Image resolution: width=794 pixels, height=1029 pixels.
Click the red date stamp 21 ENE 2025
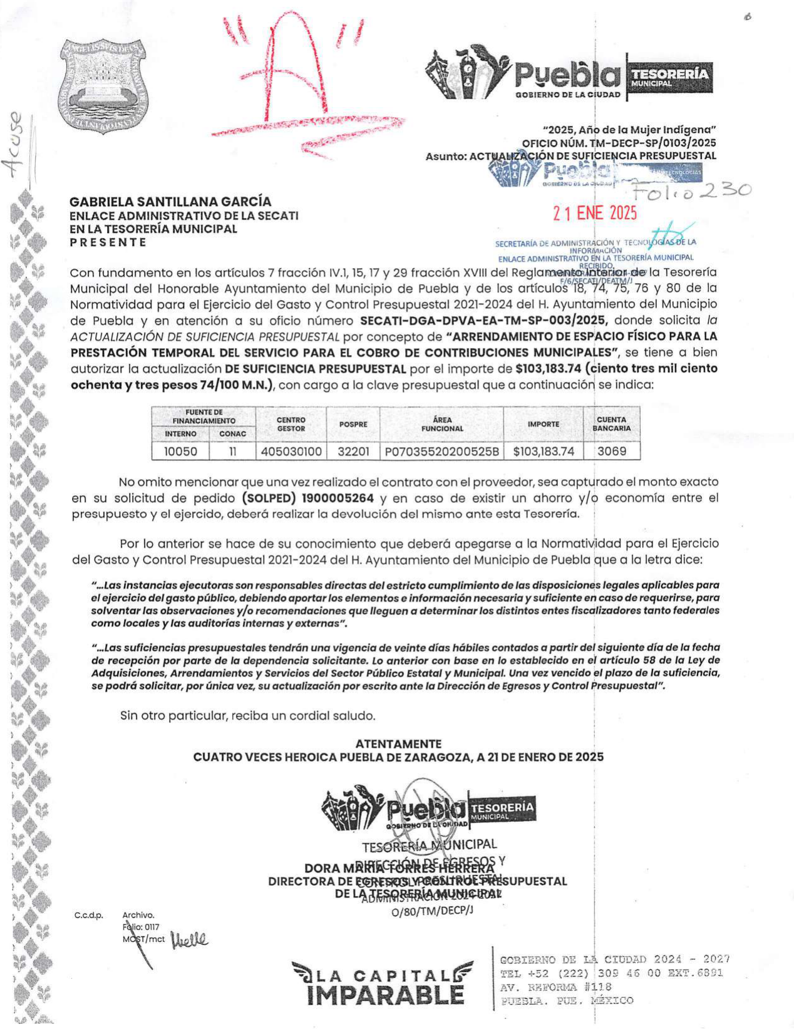pos(594,213)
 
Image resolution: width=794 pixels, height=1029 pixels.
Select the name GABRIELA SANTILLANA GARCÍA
pos(170,202)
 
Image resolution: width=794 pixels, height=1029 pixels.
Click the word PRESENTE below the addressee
pos(108,242)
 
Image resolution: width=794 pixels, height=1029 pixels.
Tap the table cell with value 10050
pos(180,452)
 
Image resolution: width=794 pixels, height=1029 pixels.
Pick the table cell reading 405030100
pos(291,452)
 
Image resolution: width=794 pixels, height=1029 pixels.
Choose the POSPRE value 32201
pos(353,452)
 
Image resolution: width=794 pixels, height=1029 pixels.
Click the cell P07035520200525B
pos(441,452)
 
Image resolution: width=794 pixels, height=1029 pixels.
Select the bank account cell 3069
pos(611,451)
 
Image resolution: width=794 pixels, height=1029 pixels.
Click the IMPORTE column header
pos(543,424)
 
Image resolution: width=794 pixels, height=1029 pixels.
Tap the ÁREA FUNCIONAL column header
pos(441,424)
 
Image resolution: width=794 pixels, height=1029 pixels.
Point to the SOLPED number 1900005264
pos(338,499)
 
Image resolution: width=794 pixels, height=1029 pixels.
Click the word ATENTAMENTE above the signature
pos(398,744)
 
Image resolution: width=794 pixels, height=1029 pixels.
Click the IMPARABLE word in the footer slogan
pos(386,995)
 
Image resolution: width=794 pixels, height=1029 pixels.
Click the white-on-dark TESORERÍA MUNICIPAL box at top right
pos(669,77)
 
